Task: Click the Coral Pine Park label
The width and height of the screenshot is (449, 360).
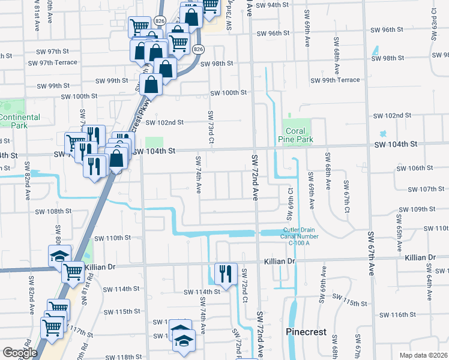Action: pos(296,135)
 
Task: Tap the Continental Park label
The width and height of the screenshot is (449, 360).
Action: pos(20,121)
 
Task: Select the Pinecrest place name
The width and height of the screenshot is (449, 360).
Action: pos(306,332)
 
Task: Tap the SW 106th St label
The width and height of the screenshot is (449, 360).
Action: pos(419,169)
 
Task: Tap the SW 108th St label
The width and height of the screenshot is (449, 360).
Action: pos(53,211)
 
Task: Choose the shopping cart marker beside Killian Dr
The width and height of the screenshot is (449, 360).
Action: pos(73,271)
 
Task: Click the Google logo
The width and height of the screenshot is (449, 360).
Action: pos(20,353)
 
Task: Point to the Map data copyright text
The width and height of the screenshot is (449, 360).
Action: pos(423,355)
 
